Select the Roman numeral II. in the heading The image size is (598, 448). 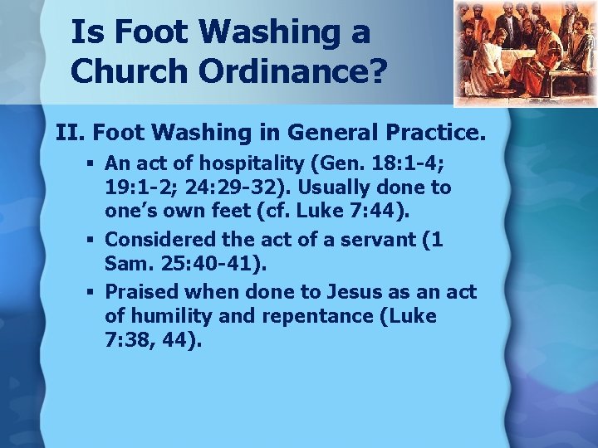pos(69,132)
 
